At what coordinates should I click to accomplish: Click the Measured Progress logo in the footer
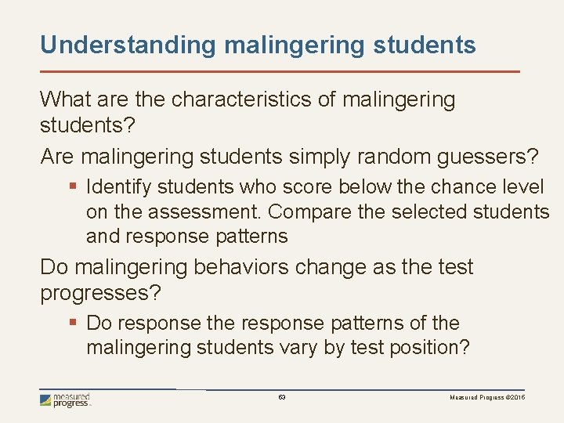[66, 400]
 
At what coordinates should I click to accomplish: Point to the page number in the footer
[282, 398]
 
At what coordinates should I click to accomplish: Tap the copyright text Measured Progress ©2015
[487, 398]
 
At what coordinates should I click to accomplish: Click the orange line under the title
[280, 71]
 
